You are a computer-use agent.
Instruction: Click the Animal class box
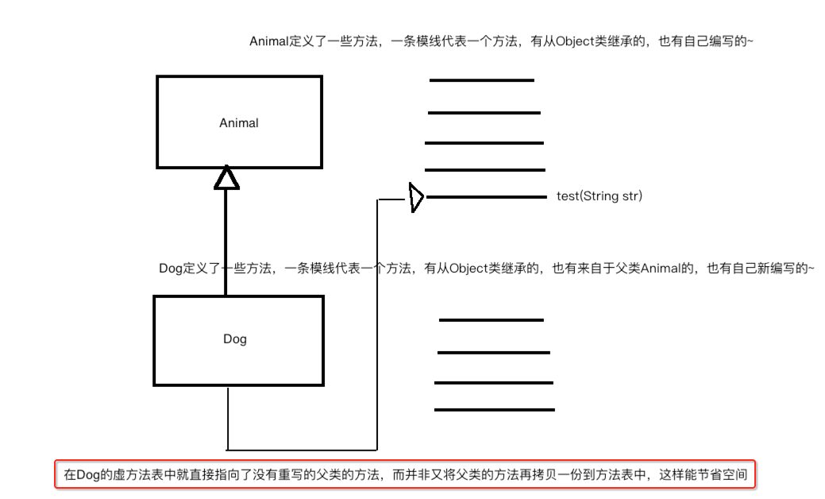238,122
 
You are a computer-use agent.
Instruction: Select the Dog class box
235,339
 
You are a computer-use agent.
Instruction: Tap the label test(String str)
599,196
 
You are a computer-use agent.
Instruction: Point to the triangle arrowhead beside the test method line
415,197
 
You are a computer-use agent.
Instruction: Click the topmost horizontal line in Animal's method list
482,80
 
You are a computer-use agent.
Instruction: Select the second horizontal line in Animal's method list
484,113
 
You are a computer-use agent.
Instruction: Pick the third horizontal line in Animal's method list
484,143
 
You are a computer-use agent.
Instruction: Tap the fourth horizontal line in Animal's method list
484,170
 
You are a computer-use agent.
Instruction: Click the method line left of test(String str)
486,197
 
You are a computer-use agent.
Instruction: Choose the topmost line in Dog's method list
491,320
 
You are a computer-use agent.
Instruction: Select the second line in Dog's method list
494,352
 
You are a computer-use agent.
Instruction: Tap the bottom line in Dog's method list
494,410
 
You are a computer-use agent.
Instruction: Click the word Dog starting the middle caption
172,269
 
